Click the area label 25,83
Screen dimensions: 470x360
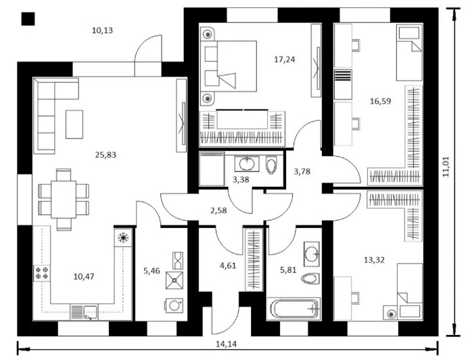[105, 155]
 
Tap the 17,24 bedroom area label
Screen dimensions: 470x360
[285, 60]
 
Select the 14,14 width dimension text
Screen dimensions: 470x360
[227, 344]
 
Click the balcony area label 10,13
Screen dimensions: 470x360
[103, 30]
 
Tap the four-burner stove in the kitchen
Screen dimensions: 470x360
[42, 273]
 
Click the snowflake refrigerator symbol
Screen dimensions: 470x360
[123, 238]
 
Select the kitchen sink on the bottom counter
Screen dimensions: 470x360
[91, 312]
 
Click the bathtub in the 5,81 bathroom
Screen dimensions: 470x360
[294, 309]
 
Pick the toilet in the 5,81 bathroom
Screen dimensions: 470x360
[310, 279]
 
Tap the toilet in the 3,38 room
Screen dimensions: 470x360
[272, 165]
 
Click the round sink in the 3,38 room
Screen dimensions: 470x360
[248, 164]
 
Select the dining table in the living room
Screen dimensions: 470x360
[64, 199]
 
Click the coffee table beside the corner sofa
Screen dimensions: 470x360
[74, 125]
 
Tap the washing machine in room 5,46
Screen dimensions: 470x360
[174, 306]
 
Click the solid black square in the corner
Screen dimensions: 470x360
[28, 19]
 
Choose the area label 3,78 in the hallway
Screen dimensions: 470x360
[302, 172]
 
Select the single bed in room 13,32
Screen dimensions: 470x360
[410, 290]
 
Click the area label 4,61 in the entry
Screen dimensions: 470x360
[228, 265]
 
